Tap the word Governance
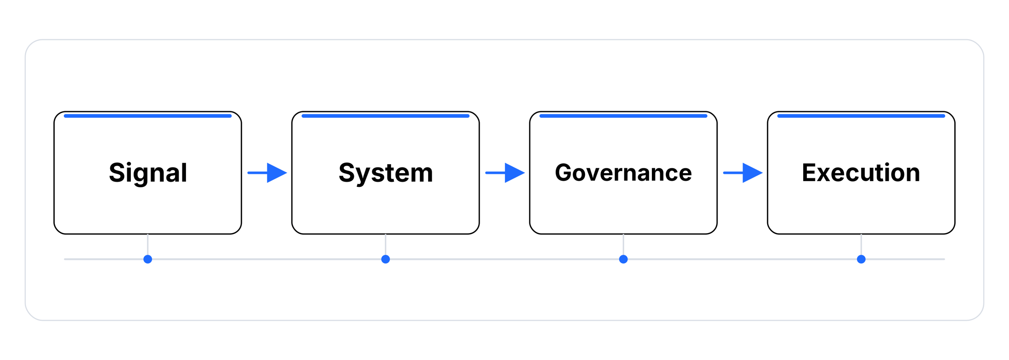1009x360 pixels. click(x=623, y=173)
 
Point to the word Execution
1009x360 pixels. click(x=861, y=173)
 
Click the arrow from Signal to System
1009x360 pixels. click(x=267, y=173)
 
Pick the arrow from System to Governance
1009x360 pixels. click(x=504, y=173)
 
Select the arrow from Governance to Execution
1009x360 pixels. click(x=742, y=173)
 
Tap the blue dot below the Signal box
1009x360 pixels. click(x=148, y=259)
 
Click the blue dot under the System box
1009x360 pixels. click(x=385, y=259)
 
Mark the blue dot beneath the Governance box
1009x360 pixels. click(x=623, y=259)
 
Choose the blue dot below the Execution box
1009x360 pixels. click(x=861, y=259)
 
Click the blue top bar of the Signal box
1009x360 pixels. click(x=148, y=116)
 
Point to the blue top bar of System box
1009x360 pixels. click(x=385, y=116)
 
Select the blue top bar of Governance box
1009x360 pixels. click(x=623, y=116)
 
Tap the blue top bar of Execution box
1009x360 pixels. click(x=861, y=116)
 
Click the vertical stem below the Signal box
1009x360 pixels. click(x=148, y=245)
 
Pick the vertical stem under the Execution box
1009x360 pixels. click(x=861, y=245)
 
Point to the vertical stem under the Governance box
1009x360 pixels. click(x=623, y=245)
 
